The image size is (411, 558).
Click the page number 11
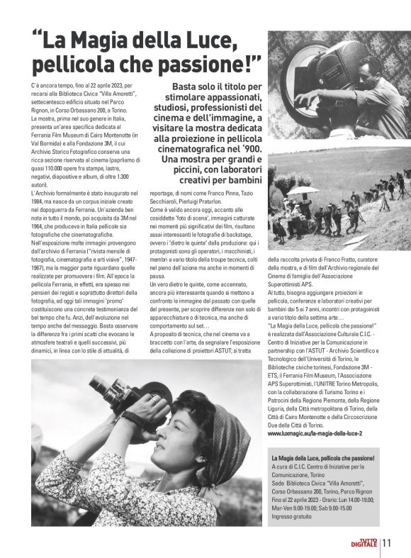pyautogui.click(x=387, y=543)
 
